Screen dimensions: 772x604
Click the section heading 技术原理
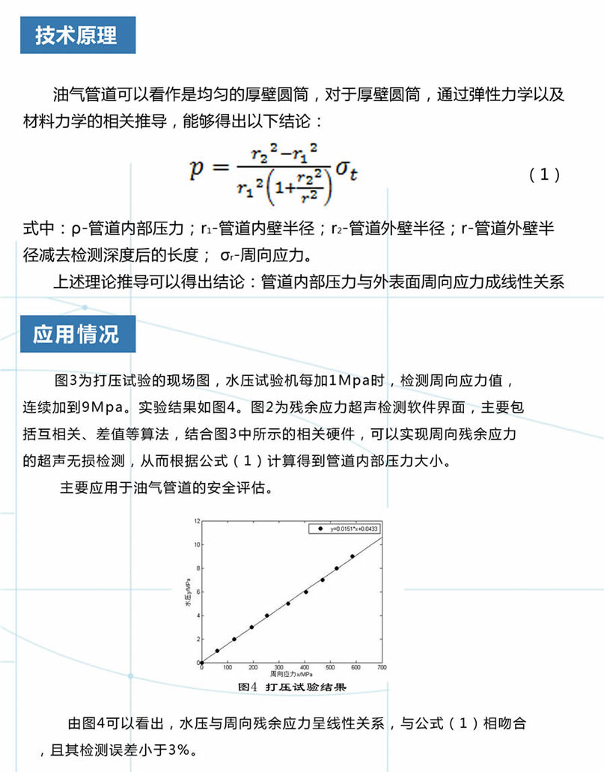pyautogui.click(x=78, y=35)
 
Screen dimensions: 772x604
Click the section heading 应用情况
pyautogui.click(x=78, y=334)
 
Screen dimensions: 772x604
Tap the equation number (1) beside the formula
pyautogui.click(x=544, y=174)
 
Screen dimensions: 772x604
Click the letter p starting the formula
pyautogui.click(x=197, y=169)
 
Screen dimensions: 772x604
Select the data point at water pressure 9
pyautogui.click(x=353, y=556)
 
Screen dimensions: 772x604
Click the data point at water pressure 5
pyautogui.click(x=288, y=604)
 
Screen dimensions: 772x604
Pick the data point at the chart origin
pyautogui.click(x=201, y=663)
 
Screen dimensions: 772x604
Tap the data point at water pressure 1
pyautogui.click(x=218, y=651)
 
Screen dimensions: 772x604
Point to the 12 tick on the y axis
pyautogui.click(x=195, y=520)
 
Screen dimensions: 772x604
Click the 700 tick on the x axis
pyautogui.click(x=382, y=668)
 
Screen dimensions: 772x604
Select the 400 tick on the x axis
pyautogui.click(x=305, y=668)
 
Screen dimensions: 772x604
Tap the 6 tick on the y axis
pyautogui.click(x=196, y=592)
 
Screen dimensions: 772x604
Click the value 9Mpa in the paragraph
pyautogui.click(x=97, y=407)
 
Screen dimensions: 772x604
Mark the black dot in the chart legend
pyautogui.click(x=322, y=529)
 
